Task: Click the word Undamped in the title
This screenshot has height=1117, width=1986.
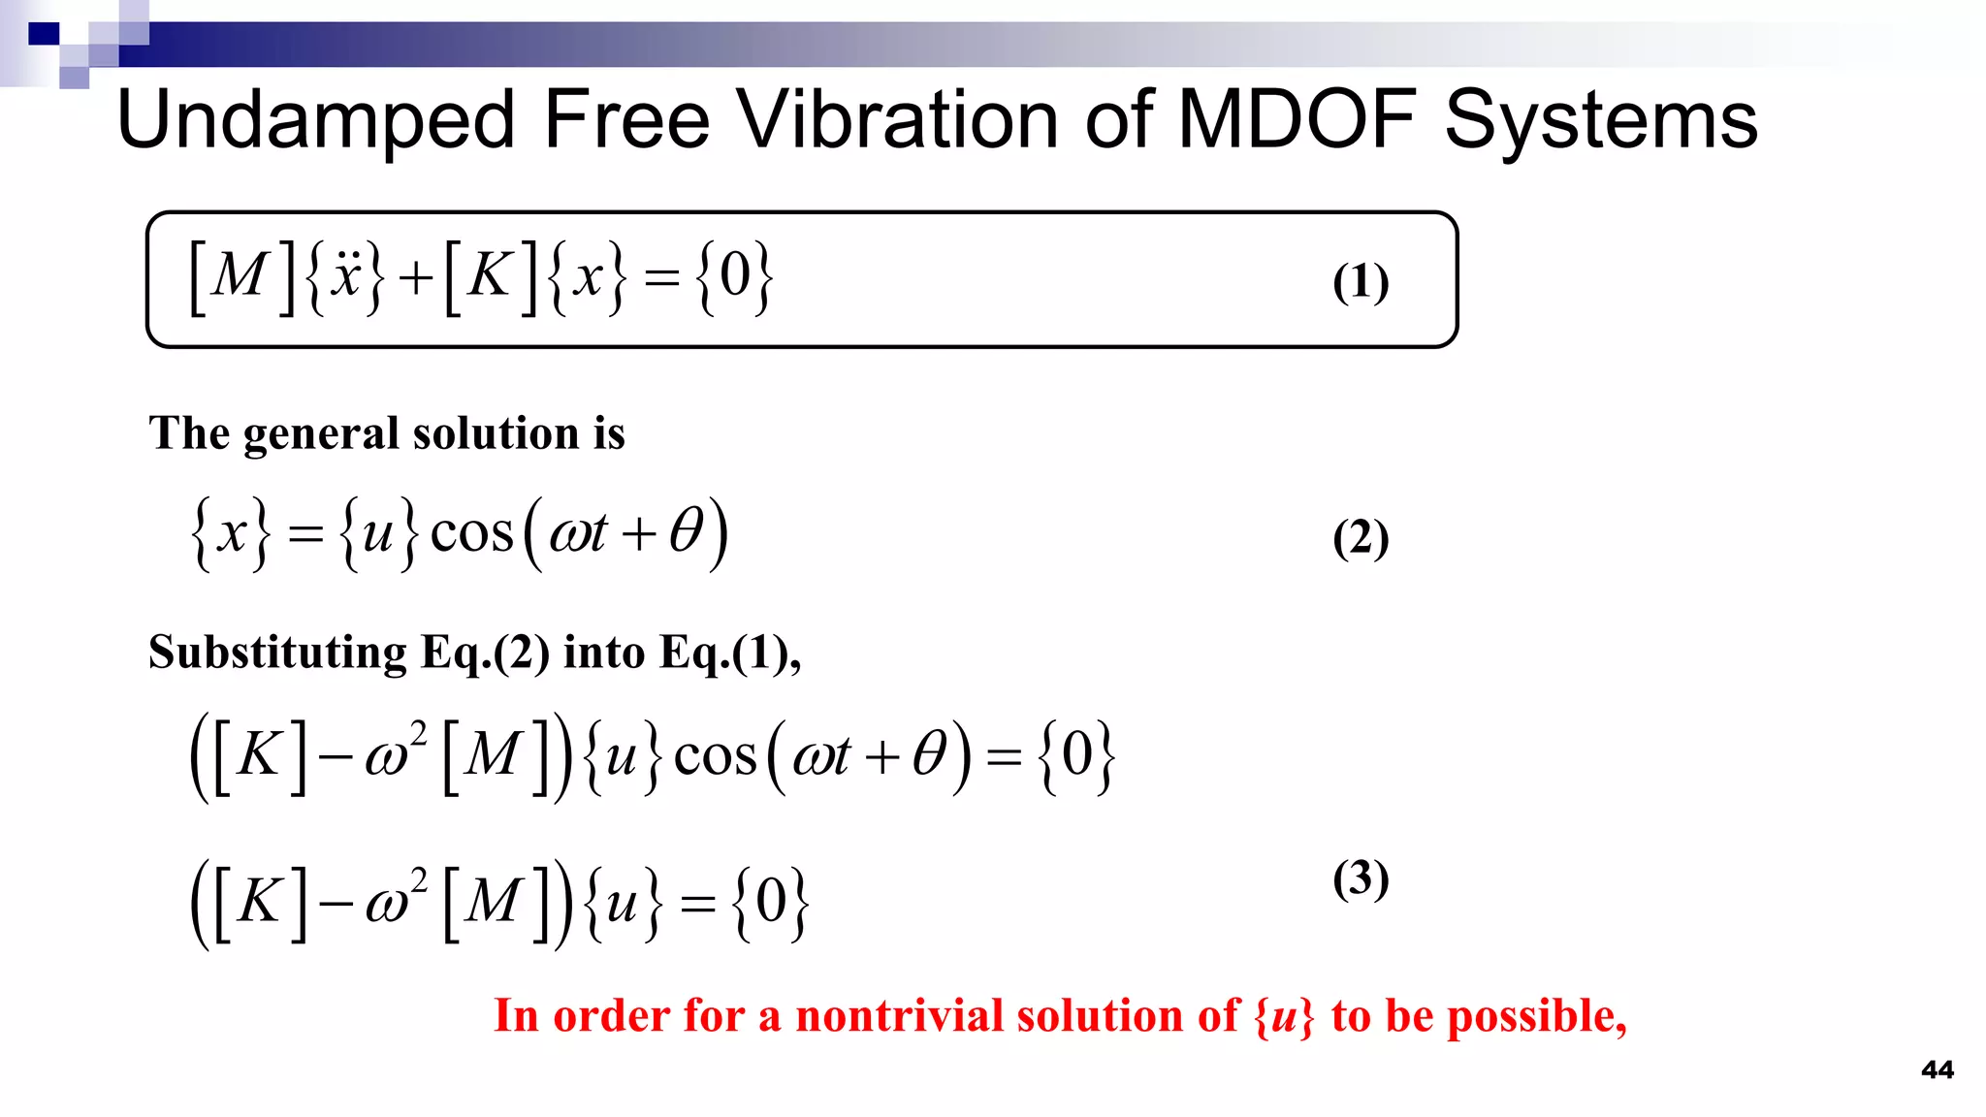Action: point(315,120)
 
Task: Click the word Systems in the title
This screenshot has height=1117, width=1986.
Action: point(1601,120)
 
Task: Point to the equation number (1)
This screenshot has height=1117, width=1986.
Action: point(1361,282)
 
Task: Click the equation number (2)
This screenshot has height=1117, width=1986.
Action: point(1361,538)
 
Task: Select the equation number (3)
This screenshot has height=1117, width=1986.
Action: point(1361,878)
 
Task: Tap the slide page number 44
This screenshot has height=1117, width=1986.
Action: point(1937,1069)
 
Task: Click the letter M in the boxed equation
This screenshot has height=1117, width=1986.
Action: point(239,276)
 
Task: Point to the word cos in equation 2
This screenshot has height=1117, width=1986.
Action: point(471,533)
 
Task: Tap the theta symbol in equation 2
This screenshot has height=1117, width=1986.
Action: point(687,531)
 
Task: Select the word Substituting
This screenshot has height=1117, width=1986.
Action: point(277,653)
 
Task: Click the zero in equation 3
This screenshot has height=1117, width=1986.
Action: point(771,902)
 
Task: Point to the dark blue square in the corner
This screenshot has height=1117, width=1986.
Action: point(44,34)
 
